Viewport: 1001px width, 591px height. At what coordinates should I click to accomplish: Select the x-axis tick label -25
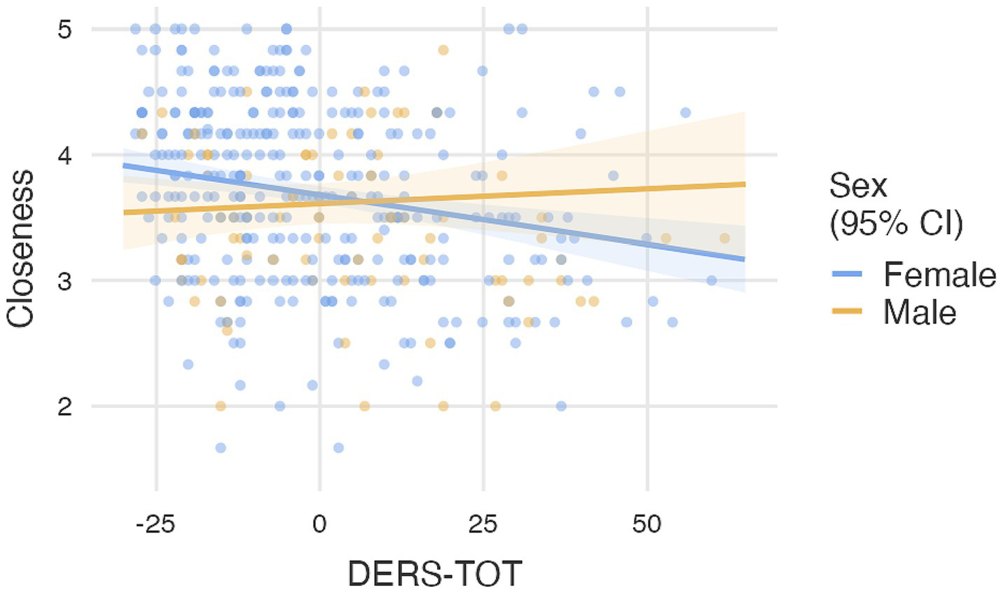(155, 524)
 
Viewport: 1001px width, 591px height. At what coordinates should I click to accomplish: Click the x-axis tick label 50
(647, 524)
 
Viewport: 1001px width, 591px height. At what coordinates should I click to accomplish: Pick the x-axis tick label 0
(320, 524)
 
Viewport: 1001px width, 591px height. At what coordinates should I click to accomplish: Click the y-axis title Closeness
(21, 249)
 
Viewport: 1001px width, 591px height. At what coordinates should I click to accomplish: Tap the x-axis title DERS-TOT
(434, 573)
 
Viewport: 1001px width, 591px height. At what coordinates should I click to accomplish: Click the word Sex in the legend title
(858, 186)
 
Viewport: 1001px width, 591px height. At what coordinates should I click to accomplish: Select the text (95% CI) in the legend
(896, 224)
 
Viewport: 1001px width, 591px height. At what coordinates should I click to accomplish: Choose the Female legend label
(939, 274)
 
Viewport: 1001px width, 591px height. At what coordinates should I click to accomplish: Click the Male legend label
(919, 312)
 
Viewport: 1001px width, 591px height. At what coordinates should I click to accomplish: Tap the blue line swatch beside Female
(847, 274)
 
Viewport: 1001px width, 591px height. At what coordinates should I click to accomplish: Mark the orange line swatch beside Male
(847, 312)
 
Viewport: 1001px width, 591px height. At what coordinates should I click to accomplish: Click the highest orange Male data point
(443, 50)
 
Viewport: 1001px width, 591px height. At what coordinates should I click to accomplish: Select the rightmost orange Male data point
(724, 238)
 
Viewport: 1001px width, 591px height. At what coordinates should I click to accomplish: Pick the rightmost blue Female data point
(712, 280)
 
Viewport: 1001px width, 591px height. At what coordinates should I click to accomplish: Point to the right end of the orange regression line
(744, 184)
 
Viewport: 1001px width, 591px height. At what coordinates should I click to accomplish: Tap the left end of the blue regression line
(124, 165)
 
